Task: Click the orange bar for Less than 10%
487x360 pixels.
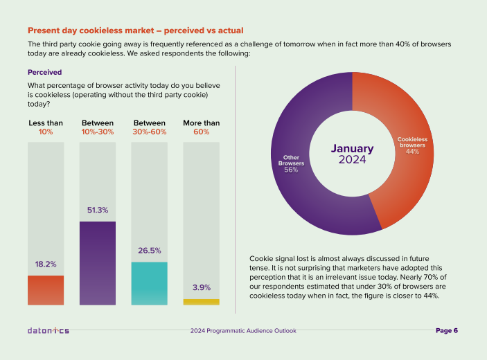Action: [46, 290]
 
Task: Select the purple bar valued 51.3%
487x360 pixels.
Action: [98, 263]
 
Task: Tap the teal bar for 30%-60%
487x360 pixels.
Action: [149, 283]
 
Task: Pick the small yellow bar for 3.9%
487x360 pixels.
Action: [201, 302]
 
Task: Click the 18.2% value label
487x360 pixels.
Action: [46, 264]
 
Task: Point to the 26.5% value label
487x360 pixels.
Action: [149, 251]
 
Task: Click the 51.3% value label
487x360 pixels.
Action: [98, 210]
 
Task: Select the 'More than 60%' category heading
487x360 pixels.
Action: [201, 127]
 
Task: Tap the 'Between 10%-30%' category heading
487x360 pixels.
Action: [98, 127]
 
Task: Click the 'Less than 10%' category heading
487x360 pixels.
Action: [46, 127]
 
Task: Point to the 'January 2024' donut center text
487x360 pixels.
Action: [352, 154]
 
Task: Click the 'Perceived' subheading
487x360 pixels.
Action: [45, 71]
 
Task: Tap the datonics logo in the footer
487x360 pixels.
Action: [48, 331]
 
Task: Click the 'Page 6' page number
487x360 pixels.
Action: [447, 331]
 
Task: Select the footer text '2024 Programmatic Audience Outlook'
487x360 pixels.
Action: [243, 331]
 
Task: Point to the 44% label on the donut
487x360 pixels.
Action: [413, 152]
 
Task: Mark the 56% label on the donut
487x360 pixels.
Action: [291, 170]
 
